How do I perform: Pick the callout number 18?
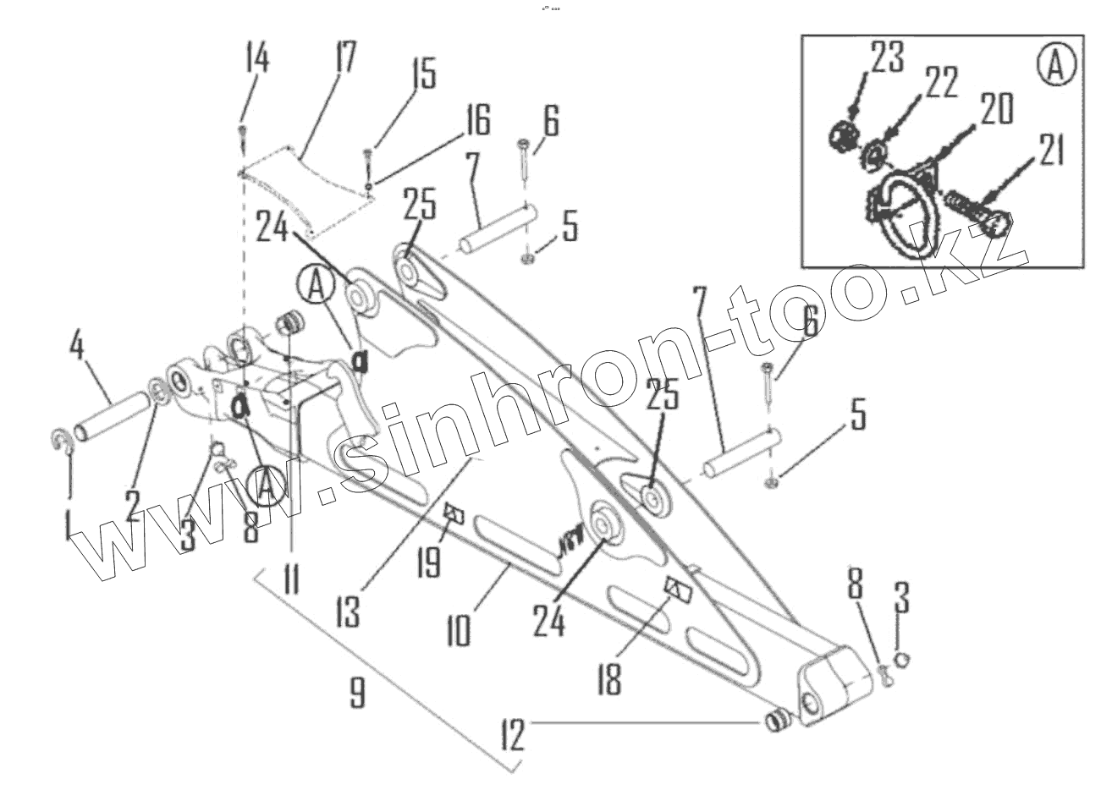pyautogui.click(x=608, y=677)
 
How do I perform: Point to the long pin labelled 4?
pyautogui.click(x=110, y=415)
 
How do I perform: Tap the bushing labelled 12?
pyautogui.click(x=778, y=721)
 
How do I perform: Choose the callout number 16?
pyautogui.click(x=477, y=121)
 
